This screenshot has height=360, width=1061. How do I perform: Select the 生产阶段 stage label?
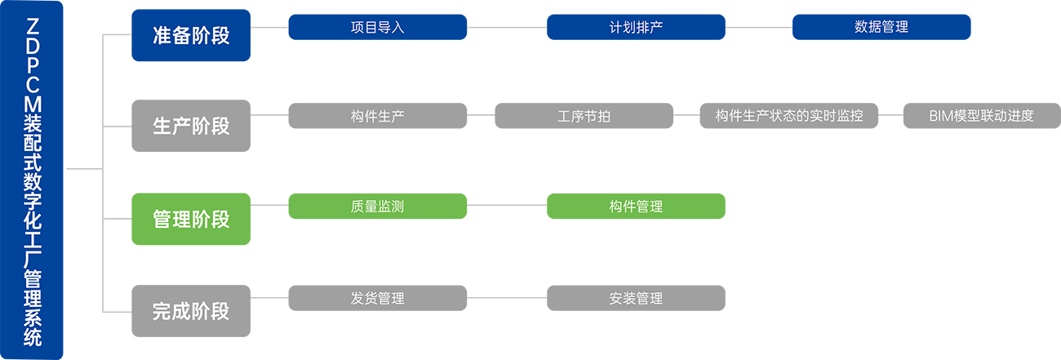[191, 127]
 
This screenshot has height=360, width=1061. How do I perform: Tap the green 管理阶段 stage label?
[191, 219]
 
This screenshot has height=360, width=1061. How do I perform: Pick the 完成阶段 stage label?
[191, 311]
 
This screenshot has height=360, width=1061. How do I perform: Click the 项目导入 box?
[377, 26]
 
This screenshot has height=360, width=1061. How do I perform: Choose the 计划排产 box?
[636, 26]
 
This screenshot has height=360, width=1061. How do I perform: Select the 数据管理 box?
[881, 26]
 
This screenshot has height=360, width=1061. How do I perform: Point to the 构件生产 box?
[377, 116]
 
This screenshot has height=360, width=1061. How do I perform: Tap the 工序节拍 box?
[584, 116]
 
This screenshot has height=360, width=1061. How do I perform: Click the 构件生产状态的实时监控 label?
[788, 116]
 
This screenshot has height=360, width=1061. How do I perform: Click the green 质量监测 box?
[377, 207]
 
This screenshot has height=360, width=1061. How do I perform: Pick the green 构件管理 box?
[636, 207]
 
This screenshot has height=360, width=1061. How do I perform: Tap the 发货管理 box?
[377, 298]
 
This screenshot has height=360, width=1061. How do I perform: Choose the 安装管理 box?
[636, 298]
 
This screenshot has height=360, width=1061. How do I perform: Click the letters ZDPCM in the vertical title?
[33, 65]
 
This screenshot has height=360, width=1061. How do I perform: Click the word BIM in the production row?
[942, 116]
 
